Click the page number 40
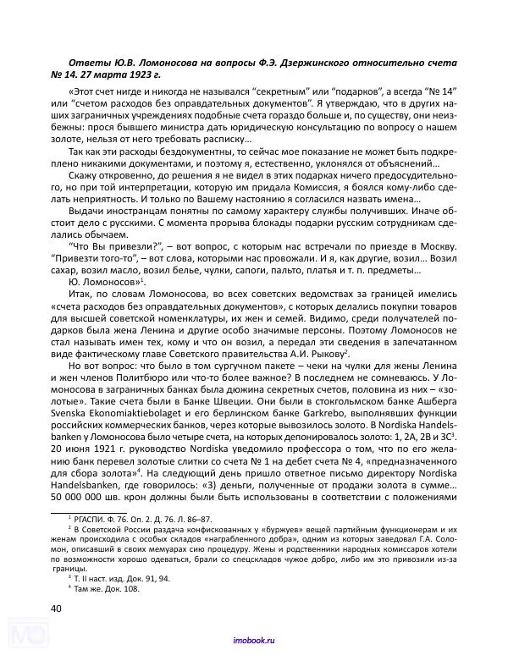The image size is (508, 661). (57, 608)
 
